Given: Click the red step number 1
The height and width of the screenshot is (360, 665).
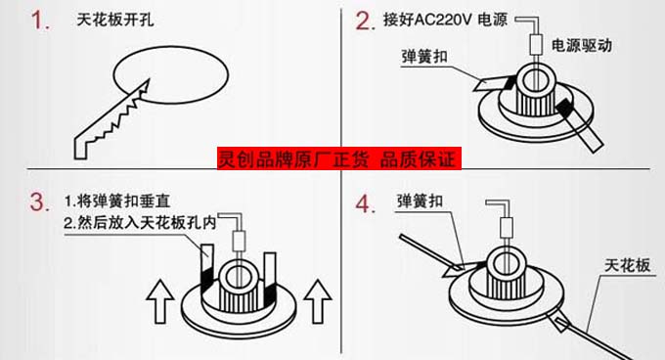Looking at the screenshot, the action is coord(40,21).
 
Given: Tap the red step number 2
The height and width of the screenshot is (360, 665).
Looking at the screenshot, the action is coord(365,21).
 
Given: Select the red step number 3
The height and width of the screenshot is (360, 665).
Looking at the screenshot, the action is coord(39,202).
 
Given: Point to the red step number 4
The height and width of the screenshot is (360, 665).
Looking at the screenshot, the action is coord(365,203).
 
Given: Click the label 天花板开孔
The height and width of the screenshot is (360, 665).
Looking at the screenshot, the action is coord(115,20).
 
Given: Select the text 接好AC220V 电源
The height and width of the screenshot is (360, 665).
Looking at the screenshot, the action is coord(445,20).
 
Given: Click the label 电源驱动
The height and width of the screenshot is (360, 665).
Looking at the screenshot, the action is coord(582,45).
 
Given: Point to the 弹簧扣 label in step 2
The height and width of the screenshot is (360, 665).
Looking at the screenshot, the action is coord(424,57).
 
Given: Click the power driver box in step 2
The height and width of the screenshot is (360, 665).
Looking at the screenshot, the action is coord(536,45).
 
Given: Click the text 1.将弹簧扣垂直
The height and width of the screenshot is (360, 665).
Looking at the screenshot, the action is coord(117,201).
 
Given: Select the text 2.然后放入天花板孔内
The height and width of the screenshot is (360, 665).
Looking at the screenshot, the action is coord(140,223).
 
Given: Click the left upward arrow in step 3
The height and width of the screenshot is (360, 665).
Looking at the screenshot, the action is coord(159,301).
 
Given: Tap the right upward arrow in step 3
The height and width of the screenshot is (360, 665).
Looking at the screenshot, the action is coord(318,301).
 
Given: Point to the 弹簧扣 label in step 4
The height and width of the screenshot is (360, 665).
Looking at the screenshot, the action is coord(420,201).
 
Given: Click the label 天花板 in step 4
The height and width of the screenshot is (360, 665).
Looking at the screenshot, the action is coord(627,265).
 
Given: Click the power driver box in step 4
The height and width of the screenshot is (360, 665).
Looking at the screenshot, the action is coord(507,227).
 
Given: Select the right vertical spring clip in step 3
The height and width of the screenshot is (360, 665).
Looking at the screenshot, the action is coord(270,280).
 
